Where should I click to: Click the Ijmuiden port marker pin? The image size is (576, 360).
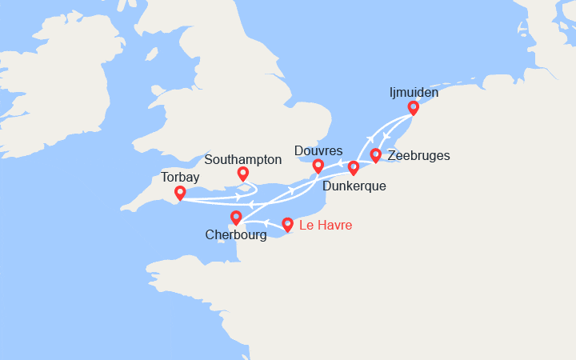[x=413, y=108]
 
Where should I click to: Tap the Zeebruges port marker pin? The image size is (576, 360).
[x=375, y=154]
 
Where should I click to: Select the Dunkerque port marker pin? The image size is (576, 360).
[x=354, y=167]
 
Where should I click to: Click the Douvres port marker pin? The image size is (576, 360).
[x=318, y=166]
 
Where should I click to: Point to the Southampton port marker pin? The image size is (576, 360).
[x=243, y=174]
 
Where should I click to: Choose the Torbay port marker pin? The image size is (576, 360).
[x=180, y=193]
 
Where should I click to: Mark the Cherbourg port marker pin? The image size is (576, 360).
[x=236, y=217]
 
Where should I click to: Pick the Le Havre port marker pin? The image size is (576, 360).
[x=288, y=225]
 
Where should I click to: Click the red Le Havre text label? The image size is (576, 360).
[x=325, y=226]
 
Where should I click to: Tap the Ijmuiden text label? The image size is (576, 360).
[x=413, y=93]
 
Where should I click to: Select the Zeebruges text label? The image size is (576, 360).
[x=418, y=156]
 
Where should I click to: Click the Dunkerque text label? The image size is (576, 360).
[x=354, y=186]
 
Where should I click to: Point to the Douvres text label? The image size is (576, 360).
[x=318, y=151]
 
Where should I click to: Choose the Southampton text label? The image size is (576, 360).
[x=243, y=159]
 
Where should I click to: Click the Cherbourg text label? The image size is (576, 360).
[x=236, y=235]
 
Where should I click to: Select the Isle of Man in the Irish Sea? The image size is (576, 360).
[x=150, y=56]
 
